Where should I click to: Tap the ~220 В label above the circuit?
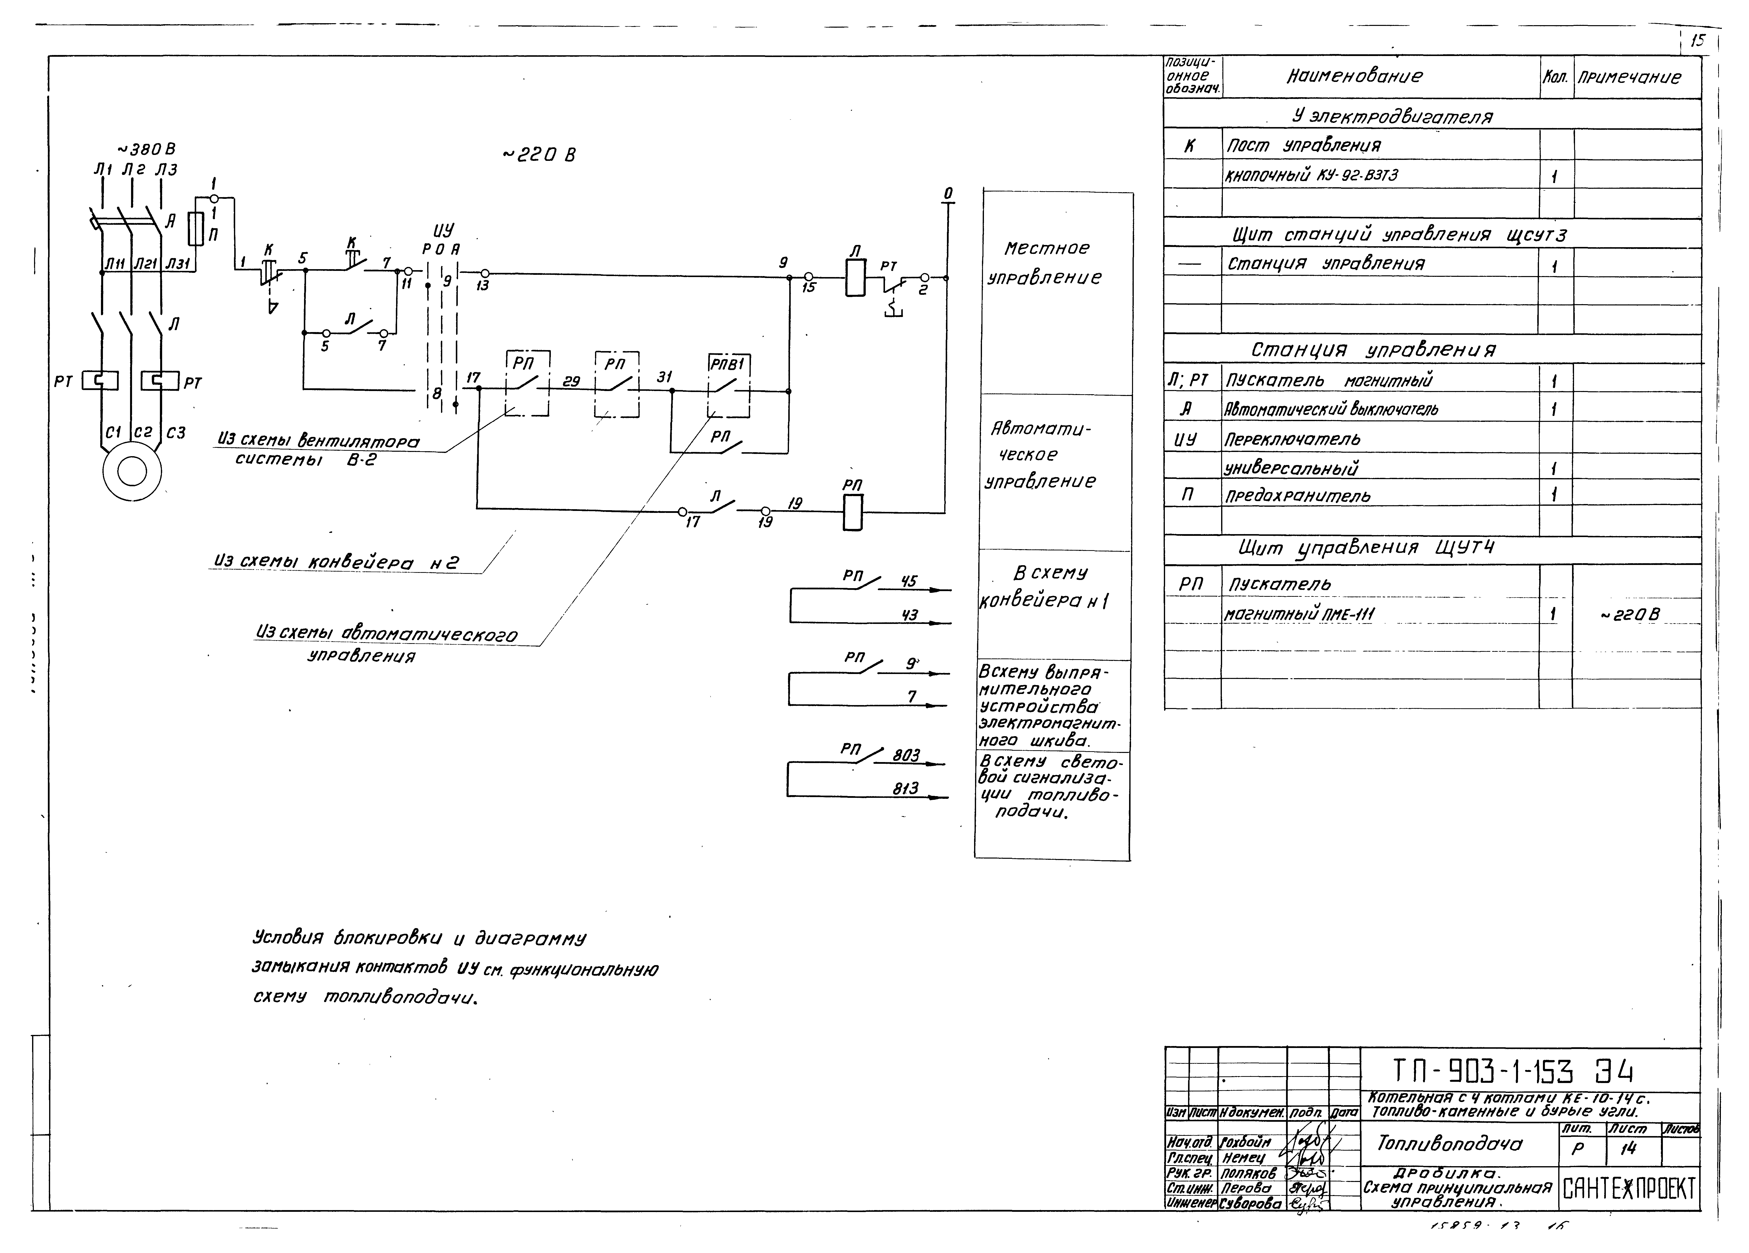tap(539, 155)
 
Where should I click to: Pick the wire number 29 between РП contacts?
tap(571, 382)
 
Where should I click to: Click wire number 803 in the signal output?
tap(906, 756)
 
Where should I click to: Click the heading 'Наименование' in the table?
tap(1354, 76)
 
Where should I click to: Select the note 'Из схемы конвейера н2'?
tap(336, 562)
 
